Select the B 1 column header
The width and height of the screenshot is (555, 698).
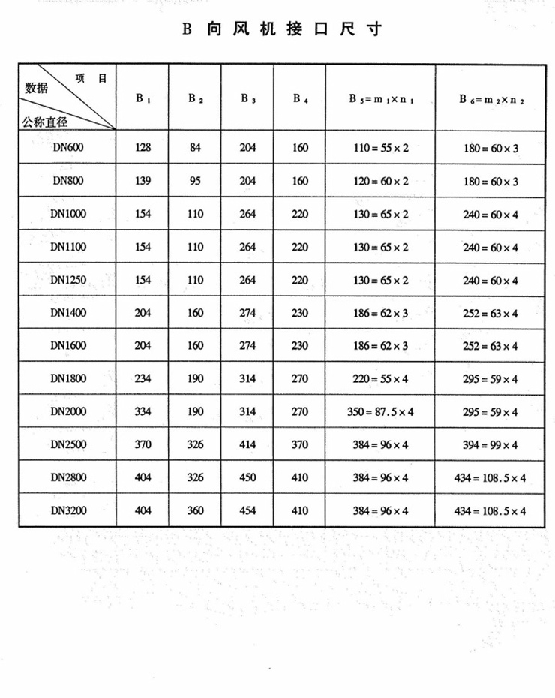pos(142,98)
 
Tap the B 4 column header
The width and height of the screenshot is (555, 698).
pos(300,98)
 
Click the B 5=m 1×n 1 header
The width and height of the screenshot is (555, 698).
pos(380,98)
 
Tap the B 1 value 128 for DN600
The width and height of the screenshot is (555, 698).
pos(142,148)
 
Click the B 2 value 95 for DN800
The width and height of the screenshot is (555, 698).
pos(195,181)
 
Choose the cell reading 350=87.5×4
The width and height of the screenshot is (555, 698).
pos(380,412)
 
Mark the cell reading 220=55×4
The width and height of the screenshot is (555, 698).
pos(380,379)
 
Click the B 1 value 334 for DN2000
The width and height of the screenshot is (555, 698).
pos(142,412)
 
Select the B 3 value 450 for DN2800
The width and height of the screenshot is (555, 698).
pos(247,478)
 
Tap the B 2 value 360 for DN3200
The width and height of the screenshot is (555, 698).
pos(195,510)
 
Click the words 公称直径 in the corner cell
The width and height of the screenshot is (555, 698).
pos(45,121)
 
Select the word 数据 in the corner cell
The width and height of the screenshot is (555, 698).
pos(36,88)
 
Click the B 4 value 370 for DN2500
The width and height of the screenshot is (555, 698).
pos(300,445)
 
